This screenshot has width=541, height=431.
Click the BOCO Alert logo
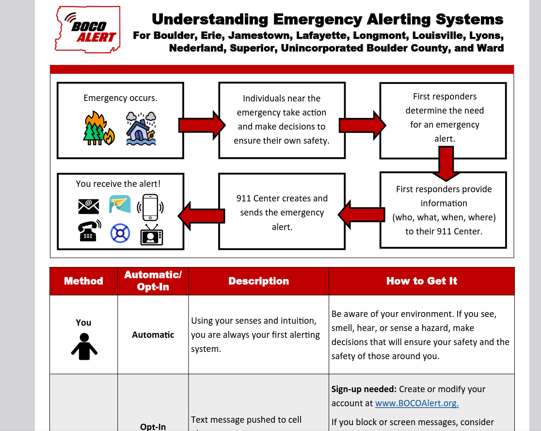tap(88, 29)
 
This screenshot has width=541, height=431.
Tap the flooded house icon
tap(141, 129)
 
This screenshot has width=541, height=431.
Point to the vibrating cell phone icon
tap(150, 206)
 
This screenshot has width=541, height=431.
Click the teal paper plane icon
tap(120, 204)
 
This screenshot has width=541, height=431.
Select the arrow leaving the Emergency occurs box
tap(201, 125)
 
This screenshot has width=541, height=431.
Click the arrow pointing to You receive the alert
tap(201, 214)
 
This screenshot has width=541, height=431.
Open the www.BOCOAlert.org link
tap(417, 403)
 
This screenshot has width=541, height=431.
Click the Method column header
tap(83, 281)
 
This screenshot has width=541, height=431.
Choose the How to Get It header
tap(422, 281)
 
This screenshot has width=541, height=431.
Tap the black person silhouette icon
tap(84, 346)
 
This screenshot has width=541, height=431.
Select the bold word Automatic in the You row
tap(153, 335)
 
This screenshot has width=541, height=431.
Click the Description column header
tap(258, 281)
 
